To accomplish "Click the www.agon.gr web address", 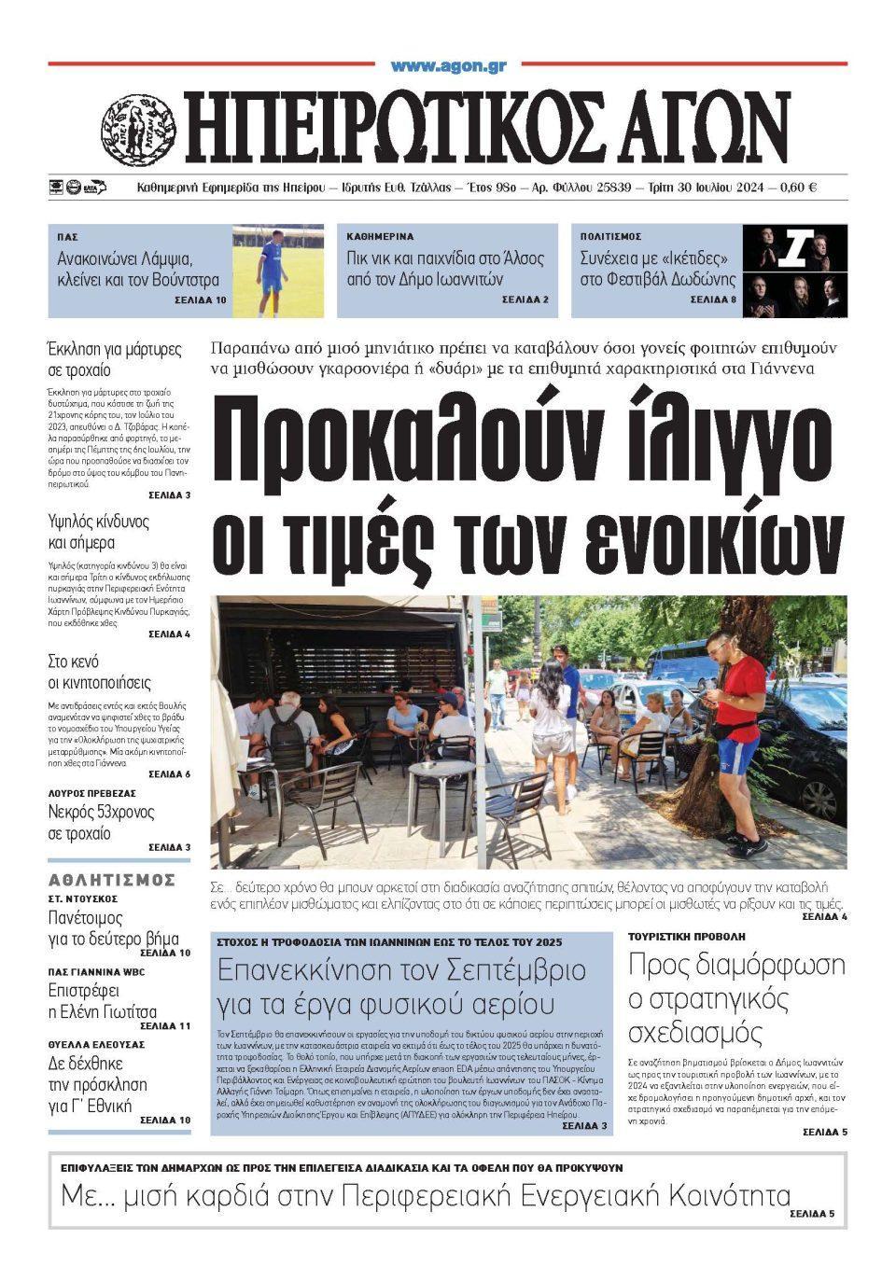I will (x=448, y=66).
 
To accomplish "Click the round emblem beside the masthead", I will (x=139, y=129).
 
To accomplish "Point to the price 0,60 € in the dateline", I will (x=795, y=188).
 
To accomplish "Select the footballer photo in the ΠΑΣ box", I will (x=277, y=271).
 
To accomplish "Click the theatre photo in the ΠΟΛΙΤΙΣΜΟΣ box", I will (x=794, y=271).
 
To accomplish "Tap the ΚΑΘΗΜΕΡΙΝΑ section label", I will (x=380, y=237).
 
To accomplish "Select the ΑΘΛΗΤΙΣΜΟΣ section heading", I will (x=112, y=879).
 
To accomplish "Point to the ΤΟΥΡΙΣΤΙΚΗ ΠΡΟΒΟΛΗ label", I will (x=686, y=936).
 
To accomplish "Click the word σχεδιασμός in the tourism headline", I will (x=695, y=1033).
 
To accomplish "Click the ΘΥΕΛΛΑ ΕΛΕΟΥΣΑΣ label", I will (x=96, y=1044).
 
